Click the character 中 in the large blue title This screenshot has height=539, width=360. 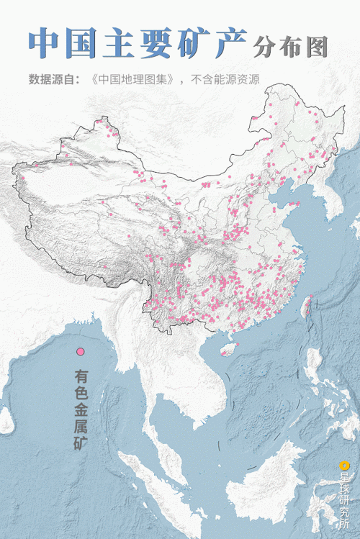(x=44, y=44)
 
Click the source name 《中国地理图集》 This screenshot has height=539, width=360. (x=135, y=79)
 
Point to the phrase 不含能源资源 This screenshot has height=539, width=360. (x=224, y=79)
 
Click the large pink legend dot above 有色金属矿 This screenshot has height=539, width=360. (x=81, y=351)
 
